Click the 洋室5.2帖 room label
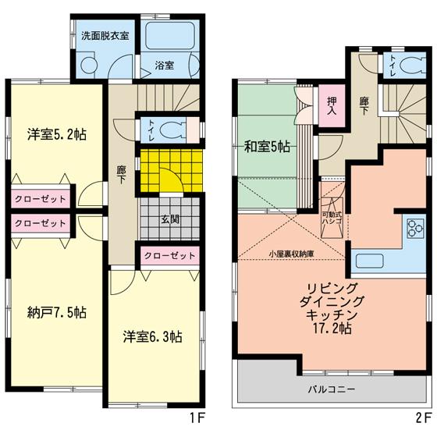pos(55,133)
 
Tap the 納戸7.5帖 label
pos(54,312)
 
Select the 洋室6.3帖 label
pos(153,337)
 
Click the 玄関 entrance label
pos(169,219)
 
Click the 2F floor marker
pos(421,419)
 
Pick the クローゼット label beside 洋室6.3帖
pos(169,256)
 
